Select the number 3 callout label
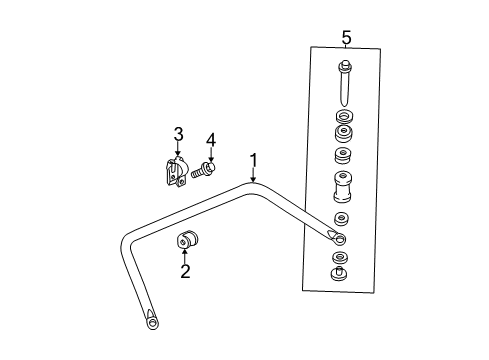coord(178,133)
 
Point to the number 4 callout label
coord(211,139)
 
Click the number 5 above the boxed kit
coord(346,38)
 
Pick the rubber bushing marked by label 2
coord(188,241)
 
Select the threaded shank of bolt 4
coord(198,173)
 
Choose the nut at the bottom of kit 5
coord(341,274)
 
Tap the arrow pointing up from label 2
coord(185,257)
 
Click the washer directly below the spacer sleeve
coord(341,218)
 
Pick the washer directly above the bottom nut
coord(341,259)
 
